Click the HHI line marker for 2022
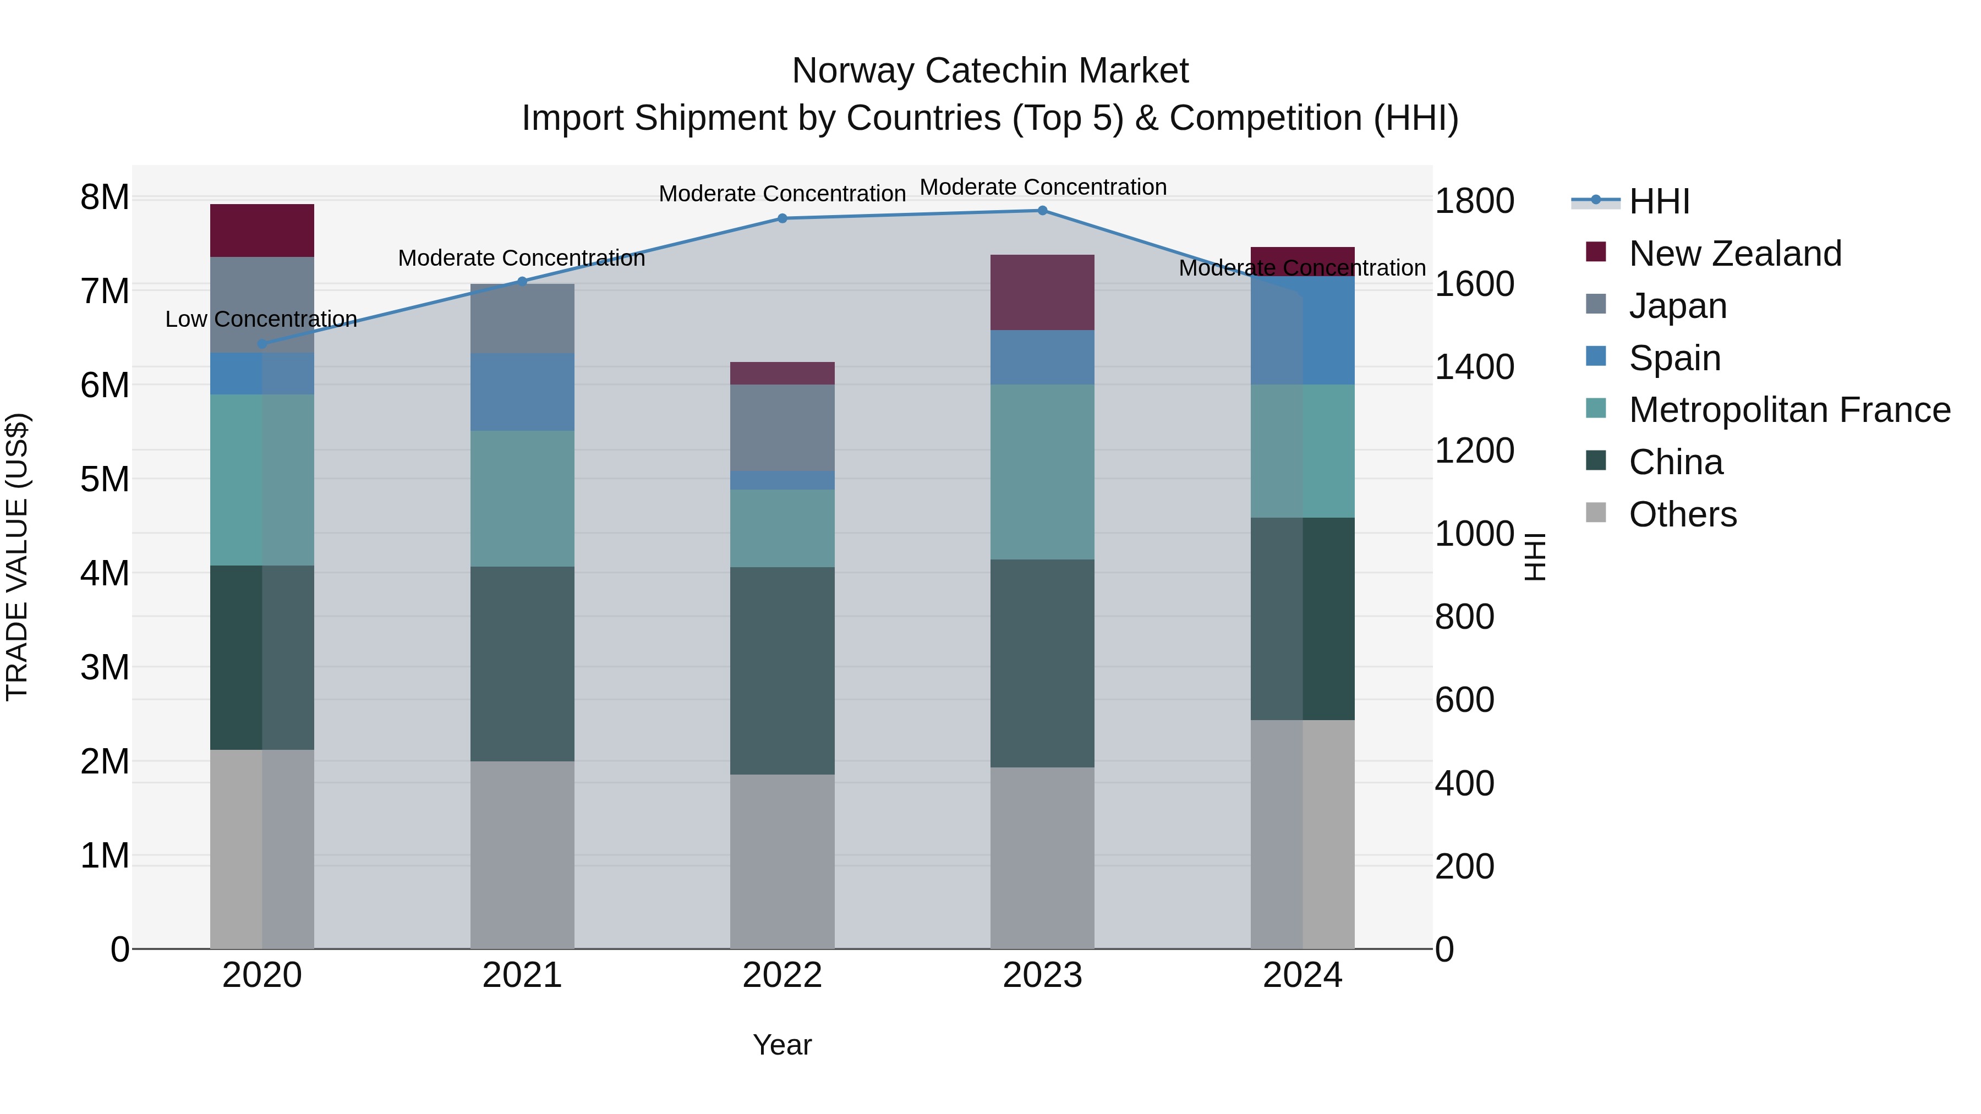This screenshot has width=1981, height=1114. [782, 218]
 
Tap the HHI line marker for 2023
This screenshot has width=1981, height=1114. [1042, 211]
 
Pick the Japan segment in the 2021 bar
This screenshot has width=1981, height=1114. [522, 319]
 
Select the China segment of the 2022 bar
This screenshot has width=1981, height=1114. [782, 671]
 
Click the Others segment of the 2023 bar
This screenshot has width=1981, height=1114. [1042, 857]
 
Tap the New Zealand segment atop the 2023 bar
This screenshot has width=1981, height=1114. [1042, 292]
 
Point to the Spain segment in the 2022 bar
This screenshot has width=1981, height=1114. [782, 480]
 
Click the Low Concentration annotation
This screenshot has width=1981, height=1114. [261, 319]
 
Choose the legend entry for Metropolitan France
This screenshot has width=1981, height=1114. [1789, 410]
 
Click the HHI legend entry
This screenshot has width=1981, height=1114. [1659, 201]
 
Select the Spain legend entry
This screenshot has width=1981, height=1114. [1674, 358]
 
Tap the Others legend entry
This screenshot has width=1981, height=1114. [1682, 514]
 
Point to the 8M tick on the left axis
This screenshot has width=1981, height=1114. [105, 197]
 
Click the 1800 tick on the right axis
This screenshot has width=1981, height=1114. [1474, 201]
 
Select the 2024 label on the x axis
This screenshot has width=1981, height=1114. [1302, 975]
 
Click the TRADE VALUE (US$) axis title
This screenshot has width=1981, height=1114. [17, 557]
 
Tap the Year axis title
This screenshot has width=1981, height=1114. [782, 1045]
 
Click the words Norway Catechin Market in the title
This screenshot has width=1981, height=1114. [990, 71]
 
